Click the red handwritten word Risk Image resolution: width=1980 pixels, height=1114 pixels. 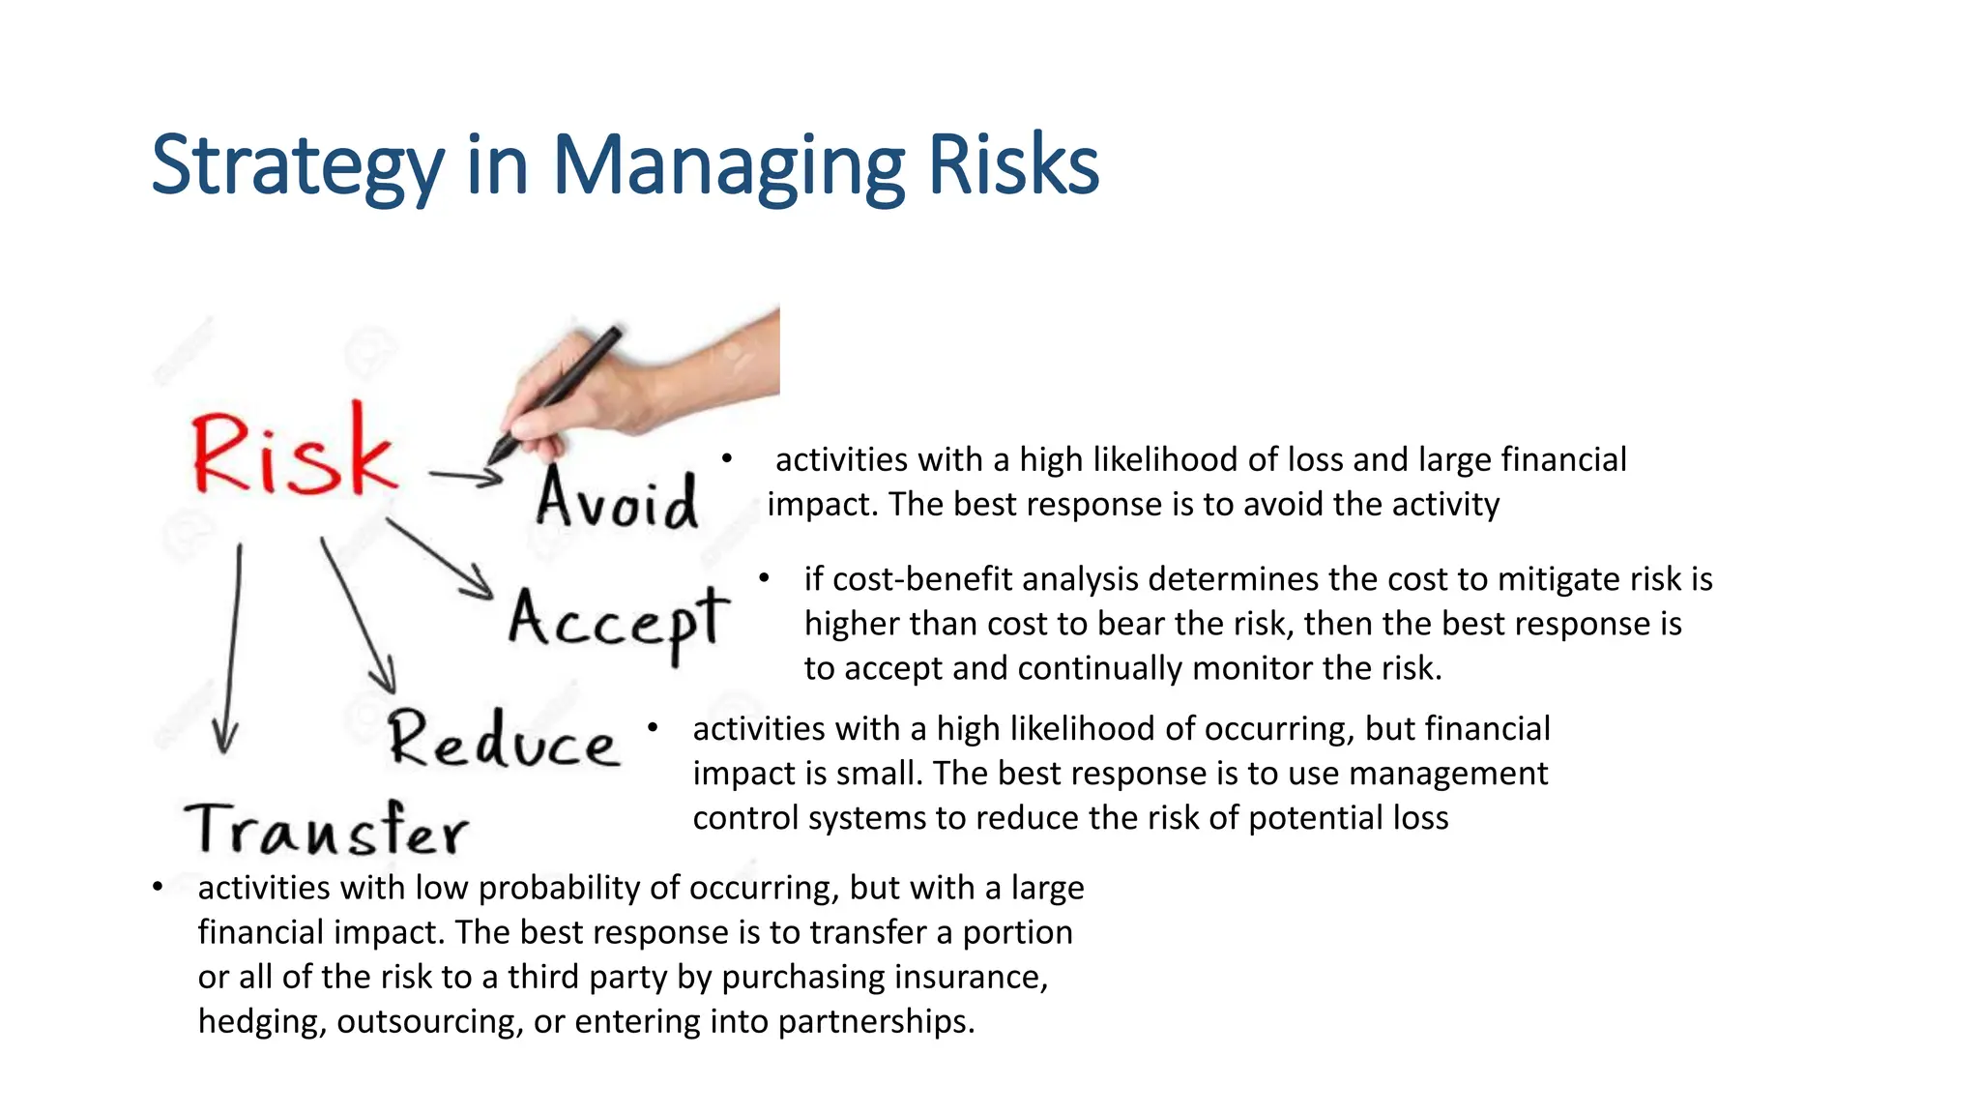[x=293, y=453]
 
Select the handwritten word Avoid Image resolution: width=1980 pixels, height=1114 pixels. [x=617, y=499]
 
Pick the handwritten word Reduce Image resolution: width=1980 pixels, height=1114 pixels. [x=503, y=740]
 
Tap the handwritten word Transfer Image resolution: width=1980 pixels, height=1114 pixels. [x=327, y=830]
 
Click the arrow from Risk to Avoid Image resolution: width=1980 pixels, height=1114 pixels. [x=465, y=476]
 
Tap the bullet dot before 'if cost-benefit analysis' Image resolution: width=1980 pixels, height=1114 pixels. [x=764, y=578]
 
